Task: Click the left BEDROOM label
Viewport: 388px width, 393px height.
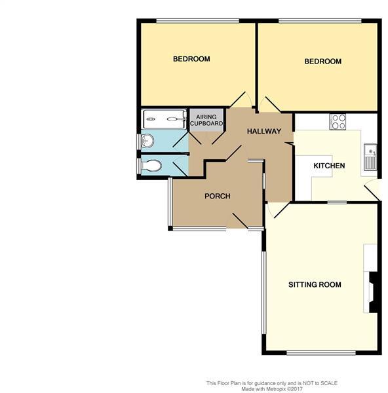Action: (191, 59)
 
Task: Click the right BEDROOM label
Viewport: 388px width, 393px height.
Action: (323, 62)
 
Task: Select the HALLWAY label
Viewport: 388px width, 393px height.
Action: (263, 132)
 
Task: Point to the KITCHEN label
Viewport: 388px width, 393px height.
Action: (329, 166)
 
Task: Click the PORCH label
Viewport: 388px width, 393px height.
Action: (217, 196)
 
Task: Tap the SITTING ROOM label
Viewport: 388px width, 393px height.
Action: (315, 285)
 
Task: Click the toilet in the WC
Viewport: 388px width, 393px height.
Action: (151, 166)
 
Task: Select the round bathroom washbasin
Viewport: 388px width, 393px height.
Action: (147, 140)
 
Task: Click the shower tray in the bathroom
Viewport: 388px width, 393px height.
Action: (165, 119)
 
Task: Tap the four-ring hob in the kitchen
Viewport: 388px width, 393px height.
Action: (338, 121)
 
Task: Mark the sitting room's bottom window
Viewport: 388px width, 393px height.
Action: (321, 354)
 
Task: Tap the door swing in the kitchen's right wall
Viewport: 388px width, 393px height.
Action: (373, 190)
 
